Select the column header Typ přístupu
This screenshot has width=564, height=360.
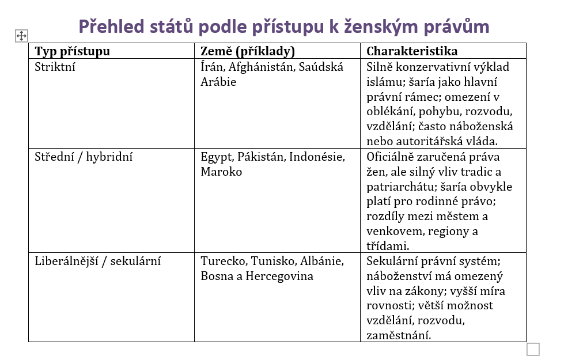tap(72, 51)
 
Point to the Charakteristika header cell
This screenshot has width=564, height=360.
tap(412, 51)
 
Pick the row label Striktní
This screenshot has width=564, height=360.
tap(55, 67)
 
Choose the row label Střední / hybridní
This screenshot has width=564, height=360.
tap(84, 157)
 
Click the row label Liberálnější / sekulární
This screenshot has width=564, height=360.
tap(97, 261)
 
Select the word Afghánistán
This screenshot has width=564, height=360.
tap(260, 67)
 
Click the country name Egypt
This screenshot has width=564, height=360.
tap(215, 157)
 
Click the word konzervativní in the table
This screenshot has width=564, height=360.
tap(430, 67)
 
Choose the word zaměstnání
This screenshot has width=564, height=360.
tap(399, 335)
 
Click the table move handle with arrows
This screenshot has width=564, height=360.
tap(21, 36)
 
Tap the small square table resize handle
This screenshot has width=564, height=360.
tap(533, 349)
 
